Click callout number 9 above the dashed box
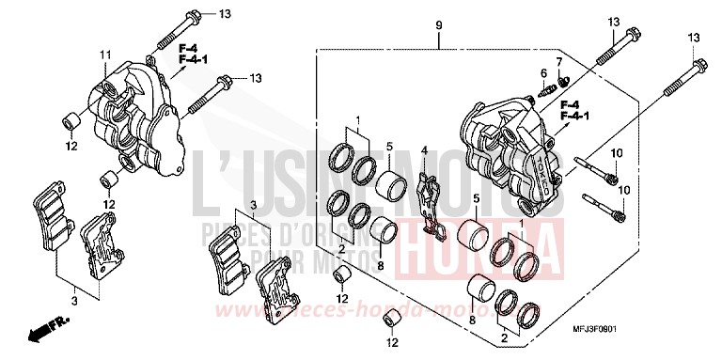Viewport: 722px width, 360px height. click(438, 23)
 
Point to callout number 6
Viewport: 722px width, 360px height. click(543, 72)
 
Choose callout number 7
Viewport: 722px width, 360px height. click(557, 62)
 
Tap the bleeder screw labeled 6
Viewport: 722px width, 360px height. click(546, 91)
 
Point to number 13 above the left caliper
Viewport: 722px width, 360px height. click(223, 14)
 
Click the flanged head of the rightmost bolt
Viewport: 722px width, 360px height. click(698, 66)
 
